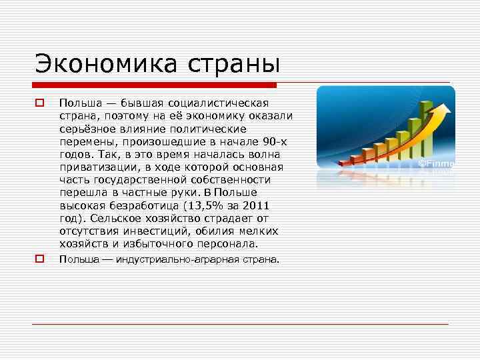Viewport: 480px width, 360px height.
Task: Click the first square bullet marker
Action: point(39,103)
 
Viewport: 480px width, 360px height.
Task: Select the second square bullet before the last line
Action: point(39,258)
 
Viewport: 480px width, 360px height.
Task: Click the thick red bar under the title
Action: point(154,85)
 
